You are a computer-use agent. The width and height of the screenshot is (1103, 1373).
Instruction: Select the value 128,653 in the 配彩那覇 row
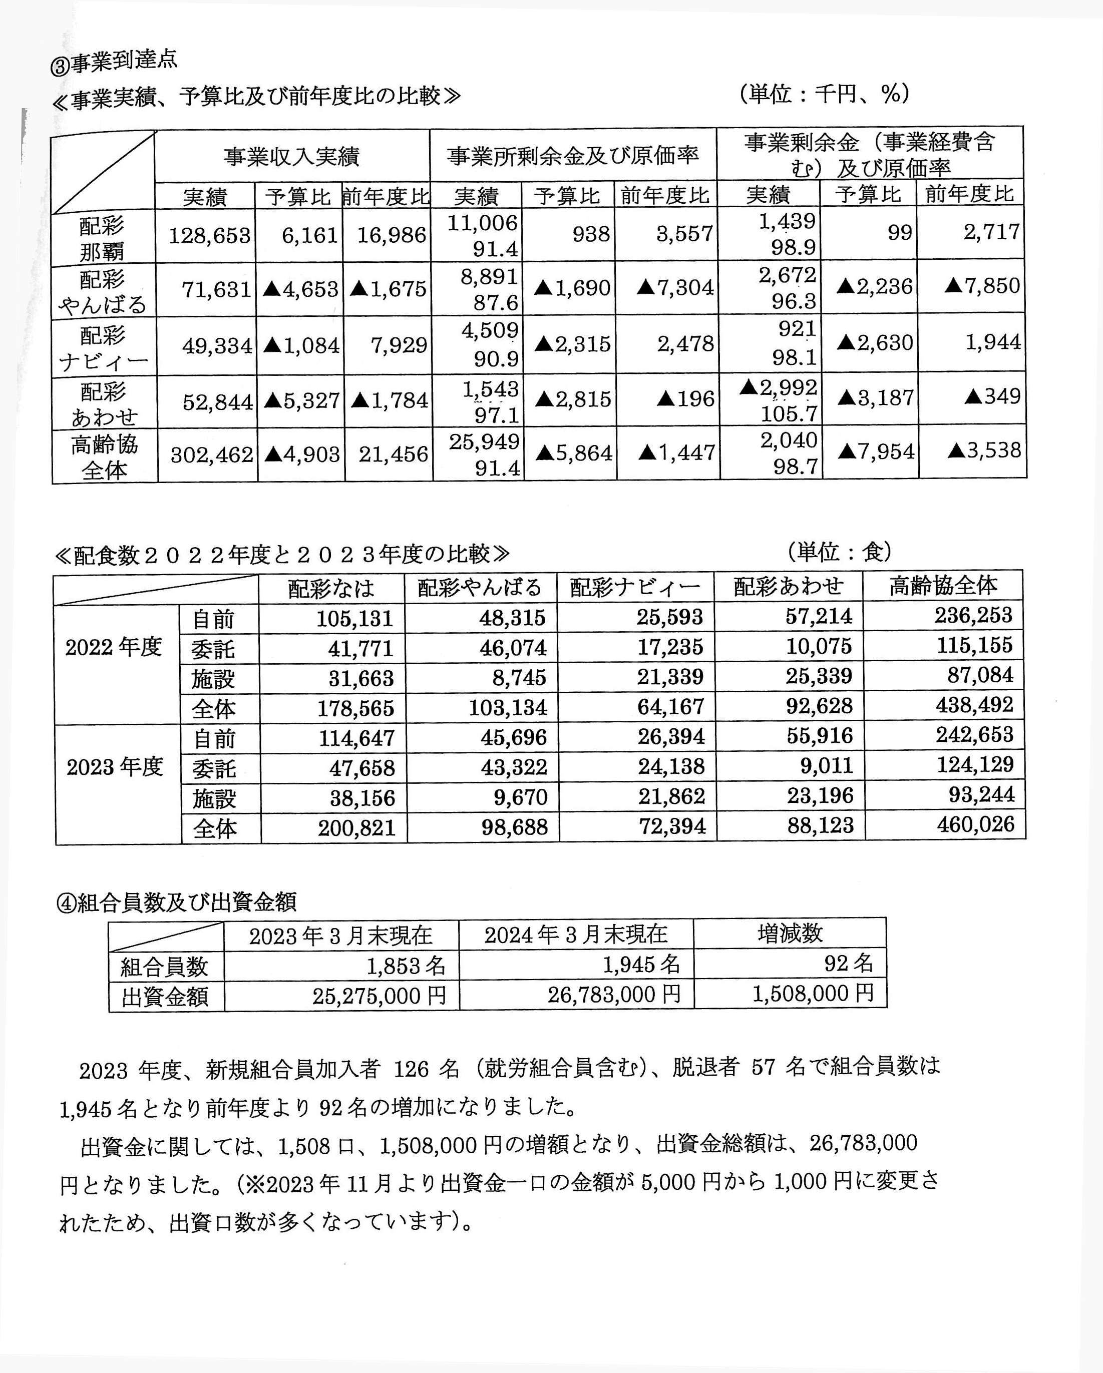(209, 236)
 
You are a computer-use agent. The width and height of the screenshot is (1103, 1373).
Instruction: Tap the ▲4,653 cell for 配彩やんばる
(300, 290)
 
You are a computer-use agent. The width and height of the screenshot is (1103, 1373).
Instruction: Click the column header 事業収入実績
(292, 157)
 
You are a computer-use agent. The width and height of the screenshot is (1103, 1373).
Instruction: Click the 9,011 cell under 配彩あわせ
(827, 765)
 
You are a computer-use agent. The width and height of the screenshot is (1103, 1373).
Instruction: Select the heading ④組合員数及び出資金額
(177, 902)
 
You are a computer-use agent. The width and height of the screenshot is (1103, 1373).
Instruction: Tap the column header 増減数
(790, 934)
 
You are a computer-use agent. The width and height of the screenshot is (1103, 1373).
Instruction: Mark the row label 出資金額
(165, 997)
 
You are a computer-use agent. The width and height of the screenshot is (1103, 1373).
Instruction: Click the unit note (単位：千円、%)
(825, 94)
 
